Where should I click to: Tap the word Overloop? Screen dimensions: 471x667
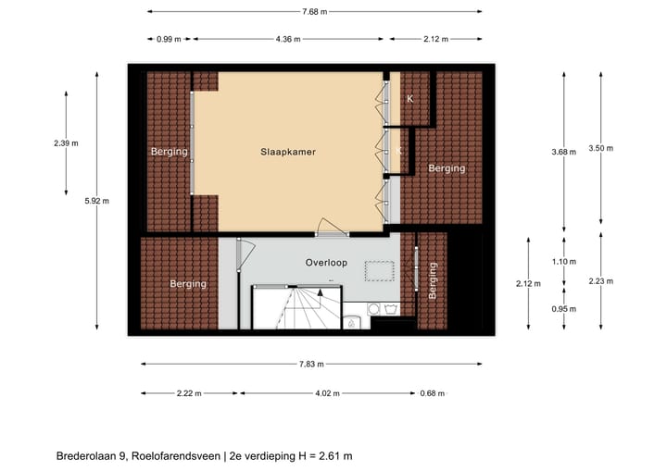point(326,263)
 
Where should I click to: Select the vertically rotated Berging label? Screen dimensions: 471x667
point(432,280)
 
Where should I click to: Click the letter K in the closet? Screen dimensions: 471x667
point(409,98)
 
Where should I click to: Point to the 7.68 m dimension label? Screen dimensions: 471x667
point(314,12)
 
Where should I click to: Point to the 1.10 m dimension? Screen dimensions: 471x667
point(564,262)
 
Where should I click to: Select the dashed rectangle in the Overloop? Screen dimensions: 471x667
point(379,271)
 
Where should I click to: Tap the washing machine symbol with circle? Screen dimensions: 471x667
point(375,310)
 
